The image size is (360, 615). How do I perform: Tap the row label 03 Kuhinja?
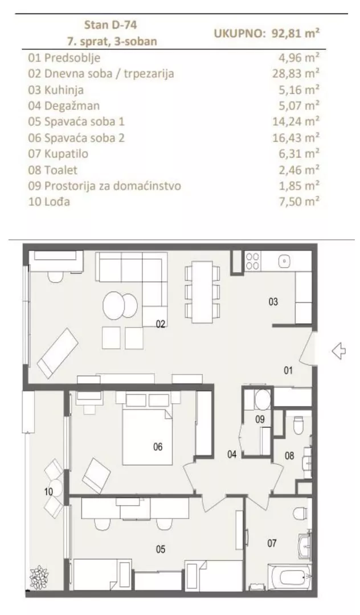[x=55, y=89]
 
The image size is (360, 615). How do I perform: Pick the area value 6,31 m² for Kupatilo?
[x=300, y=153]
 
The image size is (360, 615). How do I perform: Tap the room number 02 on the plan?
[x=161, y=324]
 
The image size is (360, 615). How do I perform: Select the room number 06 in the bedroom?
[x=158, y=447]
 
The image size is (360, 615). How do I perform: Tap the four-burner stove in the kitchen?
[x=252, y=261]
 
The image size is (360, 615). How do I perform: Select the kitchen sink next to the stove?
[x=285, y=261]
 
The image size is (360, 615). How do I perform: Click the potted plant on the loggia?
[x=40, y=578]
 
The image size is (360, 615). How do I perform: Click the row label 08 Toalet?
[x=51, y=169]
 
